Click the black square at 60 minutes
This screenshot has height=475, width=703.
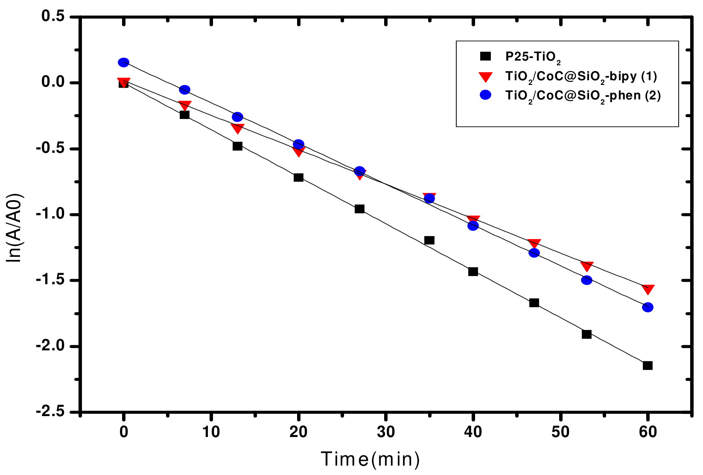pos(648,365)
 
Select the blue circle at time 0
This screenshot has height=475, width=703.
pos(123,63)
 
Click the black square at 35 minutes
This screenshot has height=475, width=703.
pos(429,240)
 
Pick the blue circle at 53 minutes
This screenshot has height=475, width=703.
pos(586,280)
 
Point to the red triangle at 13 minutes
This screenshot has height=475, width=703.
pos(237,128)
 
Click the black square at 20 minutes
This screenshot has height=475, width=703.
pos(298,178)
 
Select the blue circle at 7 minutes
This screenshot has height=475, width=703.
pos(184,90)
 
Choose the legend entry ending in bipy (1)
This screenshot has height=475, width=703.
pos(580,77)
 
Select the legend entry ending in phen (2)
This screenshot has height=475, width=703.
pos(583,96)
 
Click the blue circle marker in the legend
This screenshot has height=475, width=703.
pos(486,95)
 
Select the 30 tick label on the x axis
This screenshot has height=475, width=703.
pos(385,432)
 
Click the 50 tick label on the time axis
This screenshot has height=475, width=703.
pos(560,432)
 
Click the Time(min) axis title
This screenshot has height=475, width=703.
pos(370,460)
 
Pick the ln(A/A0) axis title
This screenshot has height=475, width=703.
pos(15,228)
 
